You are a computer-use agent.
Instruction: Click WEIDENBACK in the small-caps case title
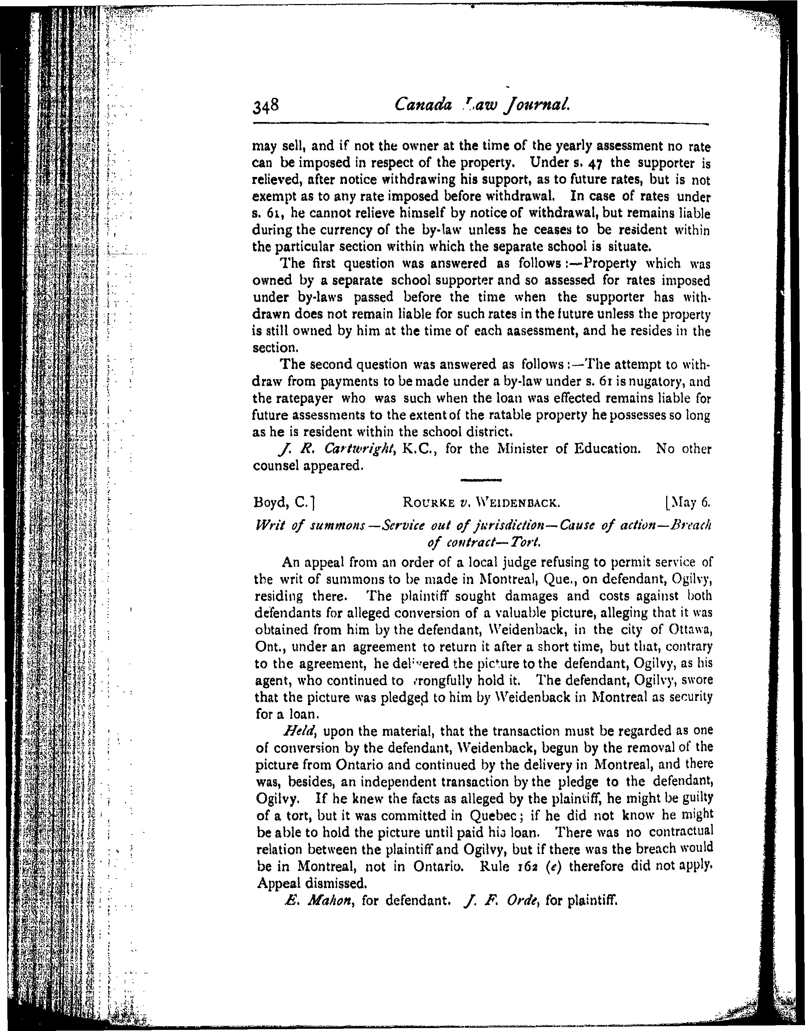(518, 503)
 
